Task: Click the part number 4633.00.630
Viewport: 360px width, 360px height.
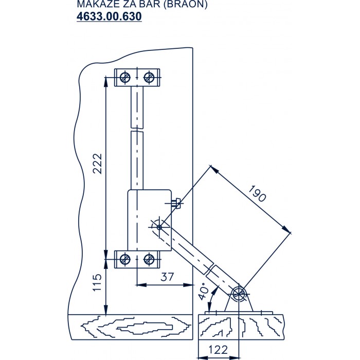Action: pos(109,16)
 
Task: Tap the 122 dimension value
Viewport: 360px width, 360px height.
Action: pos(219,349)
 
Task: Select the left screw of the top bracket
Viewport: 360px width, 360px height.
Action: pos(124,77)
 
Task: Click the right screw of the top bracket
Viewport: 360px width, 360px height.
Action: pos(149,77)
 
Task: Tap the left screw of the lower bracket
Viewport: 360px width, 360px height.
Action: pos(124,259)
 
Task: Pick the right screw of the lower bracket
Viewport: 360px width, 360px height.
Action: pos(149,259)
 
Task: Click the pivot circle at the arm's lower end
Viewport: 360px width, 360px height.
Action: pos(238,294)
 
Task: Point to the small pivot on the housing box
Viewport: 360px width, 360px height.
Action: pos(159,227)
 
